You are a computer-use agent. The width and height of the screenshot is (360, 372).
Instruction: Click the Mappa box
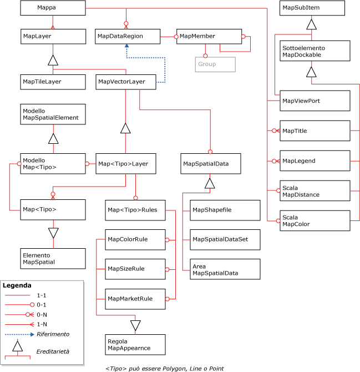[x=53, y=8]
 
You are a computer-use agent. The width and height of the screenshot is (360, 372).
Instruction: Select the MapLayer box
[x=53, y=36]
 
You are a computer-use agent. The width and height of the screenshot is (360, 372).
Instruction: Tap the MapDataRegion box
[x=127, y=36]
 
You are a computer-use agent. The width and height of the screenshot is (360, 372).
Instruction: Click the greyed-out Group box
[x=215, y=64]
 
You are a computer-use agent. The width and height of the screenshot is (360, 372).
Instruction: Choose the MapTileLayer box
[x=53, y=82]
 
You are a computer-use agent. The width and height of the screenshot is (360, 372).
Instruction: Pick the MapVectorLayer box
[x=127, y=82]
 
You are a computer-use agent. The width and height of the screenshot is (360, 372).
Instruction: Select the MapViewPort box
[x=315, y=100]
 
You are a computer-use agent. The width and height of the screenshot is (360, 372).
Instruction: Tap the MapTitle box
[x=315, y=131]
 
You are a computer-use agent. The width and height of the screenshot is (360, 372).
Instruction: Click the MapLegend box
[x=315, y=160]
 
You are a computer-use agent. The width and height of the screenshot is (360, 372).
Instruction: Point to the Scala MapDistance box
[x=315, y=191]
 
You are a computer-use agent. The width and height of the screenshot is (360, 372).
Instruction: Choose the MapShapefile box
[x=225, y=210]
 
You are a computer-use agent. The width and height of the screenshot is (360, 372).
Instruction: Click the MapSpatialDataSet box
[x=225, y=239]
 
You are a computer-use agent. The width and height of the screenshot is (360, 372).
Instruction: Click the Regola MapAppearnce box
[x=135, y=344]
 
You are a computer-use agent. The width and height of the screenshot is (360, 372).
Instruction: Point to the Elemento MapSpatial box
[x=53, y=258]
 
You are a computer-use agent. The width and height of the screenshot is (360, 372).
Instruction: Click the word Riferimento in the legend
[x=53, y=334]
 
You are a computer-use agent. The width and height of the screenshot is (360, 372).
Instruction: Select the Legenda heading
[x=17, y=285]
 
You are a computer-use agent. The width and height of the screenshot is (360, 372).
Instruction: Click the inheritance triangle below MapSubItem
[x=312, y=24]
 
